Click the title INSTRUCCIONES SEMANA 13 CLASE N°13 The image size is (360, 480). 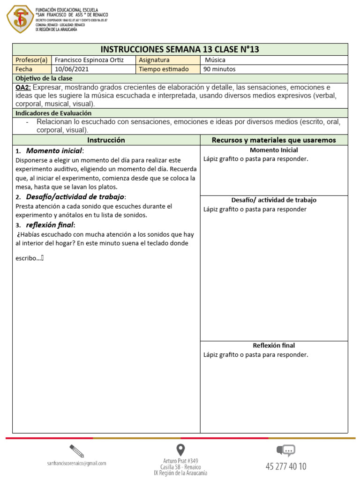click(x=180, y=50)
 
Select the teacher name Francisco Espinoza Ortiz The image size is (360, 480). click(x=89, y=60)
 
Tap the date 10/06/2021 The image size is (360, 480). click(x=72, y=69)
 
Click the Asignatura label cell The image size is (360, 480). click(x=154, y=60)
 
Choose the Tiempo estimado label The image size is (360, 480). click(x=164, y=69)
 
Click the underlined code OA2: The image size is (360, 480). click(x=23, y=88)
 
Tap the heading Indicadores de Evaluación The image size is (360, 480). click(x=53, y=113)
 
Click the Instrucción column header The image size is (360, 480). click(x=106, y=140)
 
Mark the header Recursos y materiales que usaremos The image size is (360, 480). click(x=274, y=140)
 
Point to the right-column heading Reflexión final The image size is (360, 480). click(x=274, y=345)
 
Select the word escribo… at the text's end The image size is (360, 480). click(x=28, y=257)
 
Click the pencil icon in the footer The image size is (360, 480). click(x=76, y=451)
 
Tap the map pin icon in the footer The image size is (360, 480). click(x=180, y=450)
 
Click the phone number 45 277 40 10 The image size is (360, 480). click(x=286, y=466)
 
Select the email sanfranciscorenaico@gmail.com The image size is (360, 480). click(x=77, y=463)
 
